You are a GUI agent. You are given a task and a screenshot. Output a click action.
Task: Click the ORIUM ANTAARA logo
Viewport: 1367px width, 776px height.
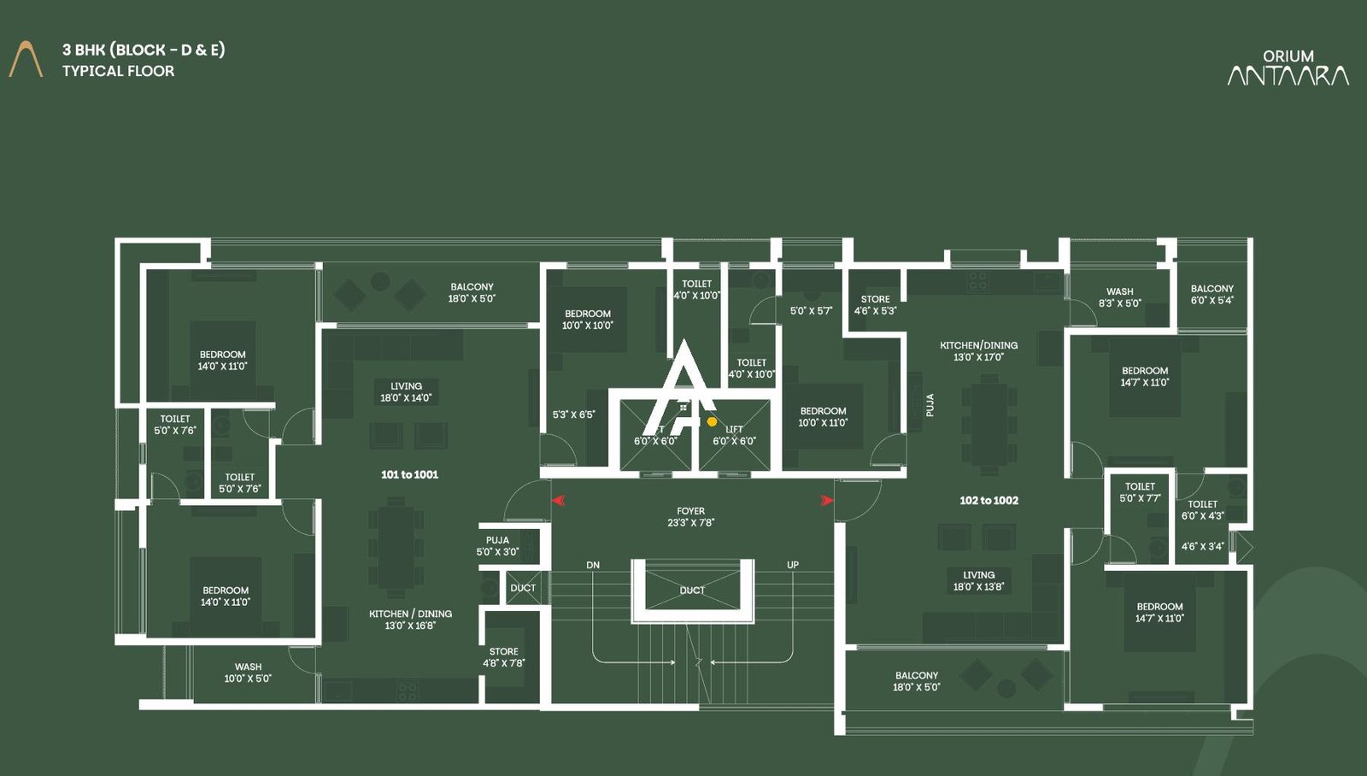1288,68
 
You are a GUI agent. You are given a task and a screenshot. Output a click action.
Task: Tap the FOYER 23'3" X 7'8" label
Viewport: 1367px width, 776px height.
690,517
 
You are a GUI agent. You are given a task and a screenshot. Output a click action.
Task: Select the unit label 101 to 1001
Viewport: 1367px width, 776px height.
409,474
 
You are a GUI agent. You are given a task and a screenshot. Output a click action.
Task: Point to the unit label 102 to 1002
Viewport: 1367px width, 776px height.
989,500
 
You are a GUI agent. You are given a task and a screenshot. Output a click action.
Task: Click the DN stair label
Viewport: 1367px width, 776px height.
593,565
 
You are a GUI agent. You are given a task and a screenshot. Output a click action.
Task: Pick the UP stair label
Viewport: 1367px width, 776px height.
793,565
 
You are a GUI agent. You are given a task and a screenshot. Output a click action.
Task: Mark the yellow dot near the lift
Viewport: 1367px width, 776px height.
712,421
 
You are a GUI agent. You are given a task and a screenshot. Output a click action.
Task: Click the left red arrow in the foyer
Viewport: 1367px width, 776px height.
558,500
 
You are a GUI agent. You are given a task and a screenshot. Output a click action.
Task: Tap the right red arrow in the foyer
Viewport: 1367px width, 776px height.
826,500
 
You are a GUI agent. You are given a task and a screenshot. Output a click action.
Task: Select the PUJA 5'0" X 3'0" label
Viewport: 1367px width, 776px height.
497,546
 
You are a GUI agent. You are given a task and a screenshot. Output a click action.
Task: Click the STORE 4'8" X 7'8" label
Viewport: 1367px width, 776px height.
503,657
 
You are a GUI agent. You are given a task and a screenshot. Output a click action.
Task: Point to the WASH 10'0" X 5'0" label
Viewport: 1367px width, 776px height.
248,673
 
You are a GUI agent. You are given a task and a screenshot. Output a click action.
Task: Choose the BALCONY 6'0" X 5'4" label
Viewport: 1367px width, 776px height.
1212,294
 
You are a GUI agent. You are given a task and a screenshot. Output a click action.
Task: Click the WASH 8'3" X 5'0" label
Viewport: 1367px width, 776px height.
1119,297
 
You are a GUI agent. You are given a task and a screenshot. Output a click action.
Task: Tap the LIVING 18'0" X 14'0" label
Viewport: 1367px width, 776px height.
406,391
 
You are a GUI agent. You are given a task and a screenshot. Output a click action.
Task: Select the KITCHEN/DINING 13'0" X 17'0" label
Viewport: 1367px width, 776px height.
978,351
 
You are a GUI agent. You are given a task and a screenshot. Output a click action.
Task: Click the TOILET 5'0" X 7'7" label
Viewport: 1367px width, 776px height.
1140,492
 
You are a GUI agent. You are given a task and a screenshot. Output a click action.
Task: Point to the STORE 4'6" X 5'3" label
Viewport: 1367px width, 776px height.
875,305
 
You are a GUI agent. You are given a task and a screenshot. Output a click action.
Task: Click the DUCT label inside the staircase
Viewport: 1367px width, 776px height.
692,591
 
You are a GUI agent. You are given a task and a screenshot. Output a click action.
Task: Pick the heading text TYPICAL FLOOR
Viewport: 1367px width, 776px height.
118,71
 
